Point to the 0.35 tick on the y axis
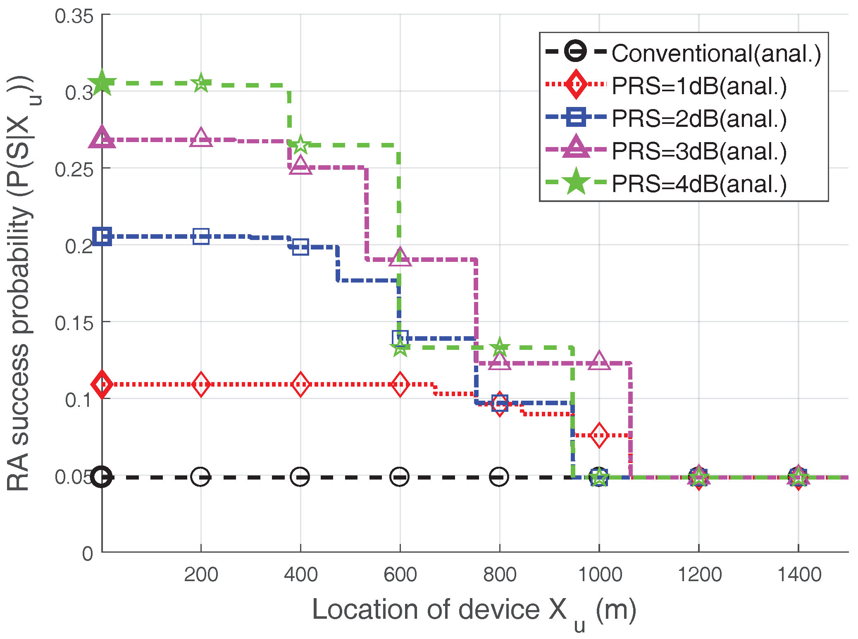click(x=74, y=16)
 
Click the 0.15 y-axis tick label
click(x=74, y=323)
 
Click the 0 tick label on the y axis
click(x=87, y=553)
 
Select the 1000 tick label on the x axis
click(x=599, y=575)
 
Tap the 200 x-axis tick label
click(x=201, y=575)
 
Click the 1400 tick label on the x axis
click(x=798, y=575)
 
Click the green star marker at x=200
click(x=201, y=83)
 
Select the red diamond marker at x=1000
click(x=599, y=435)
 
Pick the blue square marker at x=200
click(x=201, y=237)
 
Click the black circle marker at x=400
click(x=300, y=477)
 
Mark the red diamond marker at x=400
click(x=300, y=384)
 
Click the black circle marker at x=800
click(x=499, y=477)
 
